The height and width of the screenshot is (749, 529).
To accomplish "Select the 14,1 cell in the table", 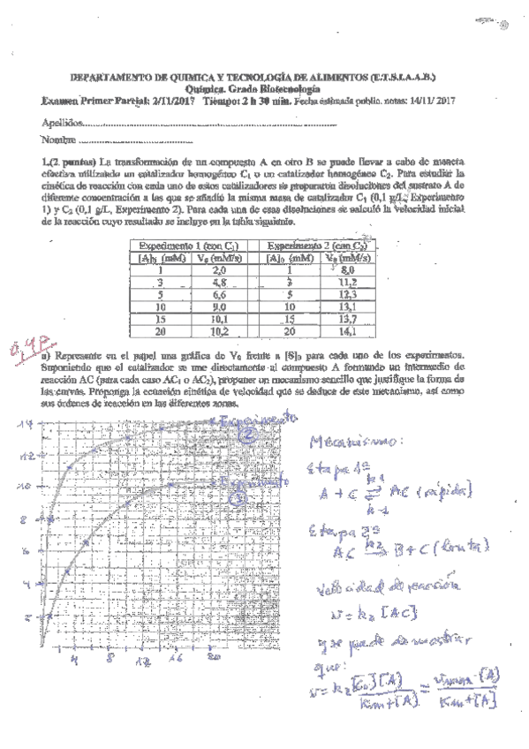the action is coord(347,333).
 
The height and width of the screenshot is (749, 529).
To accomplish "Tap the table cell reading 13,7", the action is coord(347,321).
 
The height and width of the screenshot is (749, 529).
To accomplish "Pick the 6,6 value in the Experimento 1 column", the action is coord(221,296).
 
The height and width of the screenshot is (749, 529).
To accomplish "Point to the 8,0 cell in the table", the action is coord(347,270).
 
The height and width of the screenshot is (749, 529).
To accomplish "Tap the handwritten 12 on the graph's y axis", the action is coord(29,456).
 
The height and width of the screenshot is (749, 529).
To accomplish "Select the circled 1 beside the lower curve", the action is coord(238,499).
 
